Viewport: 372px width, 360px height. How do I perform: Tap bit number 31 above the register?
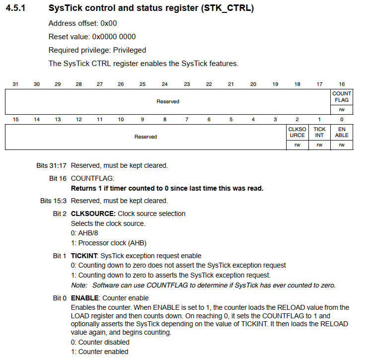tap(15, 84)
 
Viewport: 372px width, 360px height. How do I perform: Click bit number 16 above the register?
tap(342, 84)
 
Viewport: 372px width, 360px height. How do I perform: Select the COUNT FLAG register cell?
tap(342, 97)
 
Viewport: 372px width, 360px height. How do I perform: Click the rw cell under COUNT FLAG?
tap(342, 109)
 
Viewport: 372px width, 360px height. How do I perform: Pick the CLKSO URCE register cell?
tap(298, 132)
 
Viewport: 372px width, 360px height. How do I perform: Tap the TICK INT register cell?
tap(319, 132)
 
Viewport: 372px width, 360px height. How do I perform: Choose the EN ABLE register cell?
tap(342, 132)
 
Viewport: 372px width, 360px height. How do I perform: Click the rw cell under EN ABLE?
tap(342, 144)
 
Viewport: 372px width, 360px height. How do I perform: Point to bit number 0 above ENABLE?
tap(342, 119)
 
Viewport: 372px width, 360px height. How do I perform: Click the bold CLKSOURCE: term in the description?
tap(93, 214)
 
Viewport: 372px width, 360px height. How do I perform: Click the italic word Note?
tap(79, 285)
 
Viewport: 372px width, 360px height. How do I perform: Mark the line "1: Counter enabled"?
tap(99, 352)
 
